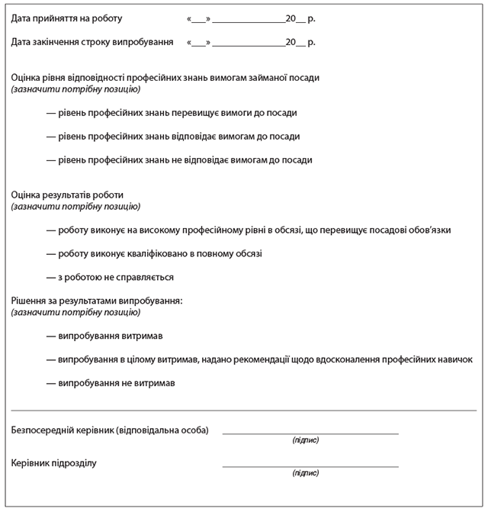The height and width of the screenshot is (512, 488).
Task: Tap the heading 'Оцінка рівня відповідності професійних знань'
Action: (165, 78)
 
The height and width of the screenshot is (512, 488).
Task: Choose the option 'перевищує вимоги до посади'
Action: (172, 113)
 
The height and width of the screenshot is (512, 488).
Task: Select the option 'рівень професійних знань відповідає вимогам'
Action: (173, 137)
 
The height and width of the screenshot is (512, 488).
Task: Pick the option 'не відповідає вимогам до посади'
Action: (179, 160)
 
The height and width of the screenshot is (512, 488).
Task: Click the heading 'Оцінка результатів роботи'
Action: (68, 195)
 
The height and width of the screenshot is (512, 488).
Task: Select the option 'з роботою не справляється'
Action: (110, 277)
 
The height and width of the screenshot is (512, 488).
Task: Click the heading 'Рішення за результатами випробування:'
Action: (98, 301)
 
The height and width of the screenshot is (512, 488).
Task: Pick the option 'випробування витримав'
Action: (104, 336)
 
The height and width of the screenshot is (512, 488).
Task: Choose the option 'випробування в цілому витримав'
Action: (259, 359)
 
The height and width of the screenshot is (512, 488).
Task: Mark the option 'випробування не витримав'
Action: (111, 383)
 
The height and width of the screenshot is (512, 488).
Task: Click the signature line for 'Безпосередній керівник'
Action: (310, 432)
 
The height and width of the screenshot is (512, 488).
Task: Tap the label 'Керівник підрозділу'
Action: (55, 463)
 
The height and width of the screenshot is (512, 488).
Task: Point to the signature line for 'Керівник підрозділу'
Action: (310, 465)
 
